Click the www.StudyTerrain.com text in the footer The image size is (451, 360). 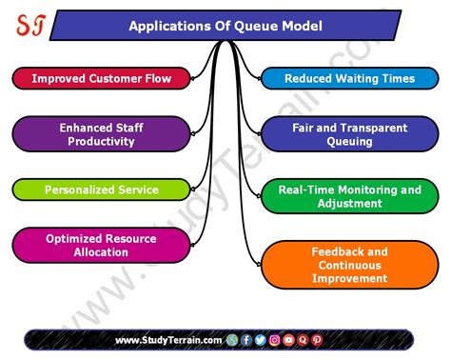tap(168, 340)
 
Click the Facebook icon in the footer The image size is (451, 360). tap(246, 340)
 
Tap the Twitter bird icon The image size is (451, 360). tap(261, 340)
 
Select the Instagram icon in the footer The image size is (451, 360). tap(275, 340)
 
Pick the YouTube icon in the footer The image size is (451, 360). tap(288, 340)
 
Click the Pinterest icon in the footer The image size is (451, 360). tap(317, 340)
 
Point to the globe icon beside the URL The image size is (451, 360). tap(231, 340)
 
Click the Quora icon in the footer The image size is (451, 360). tap(303, 340)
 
